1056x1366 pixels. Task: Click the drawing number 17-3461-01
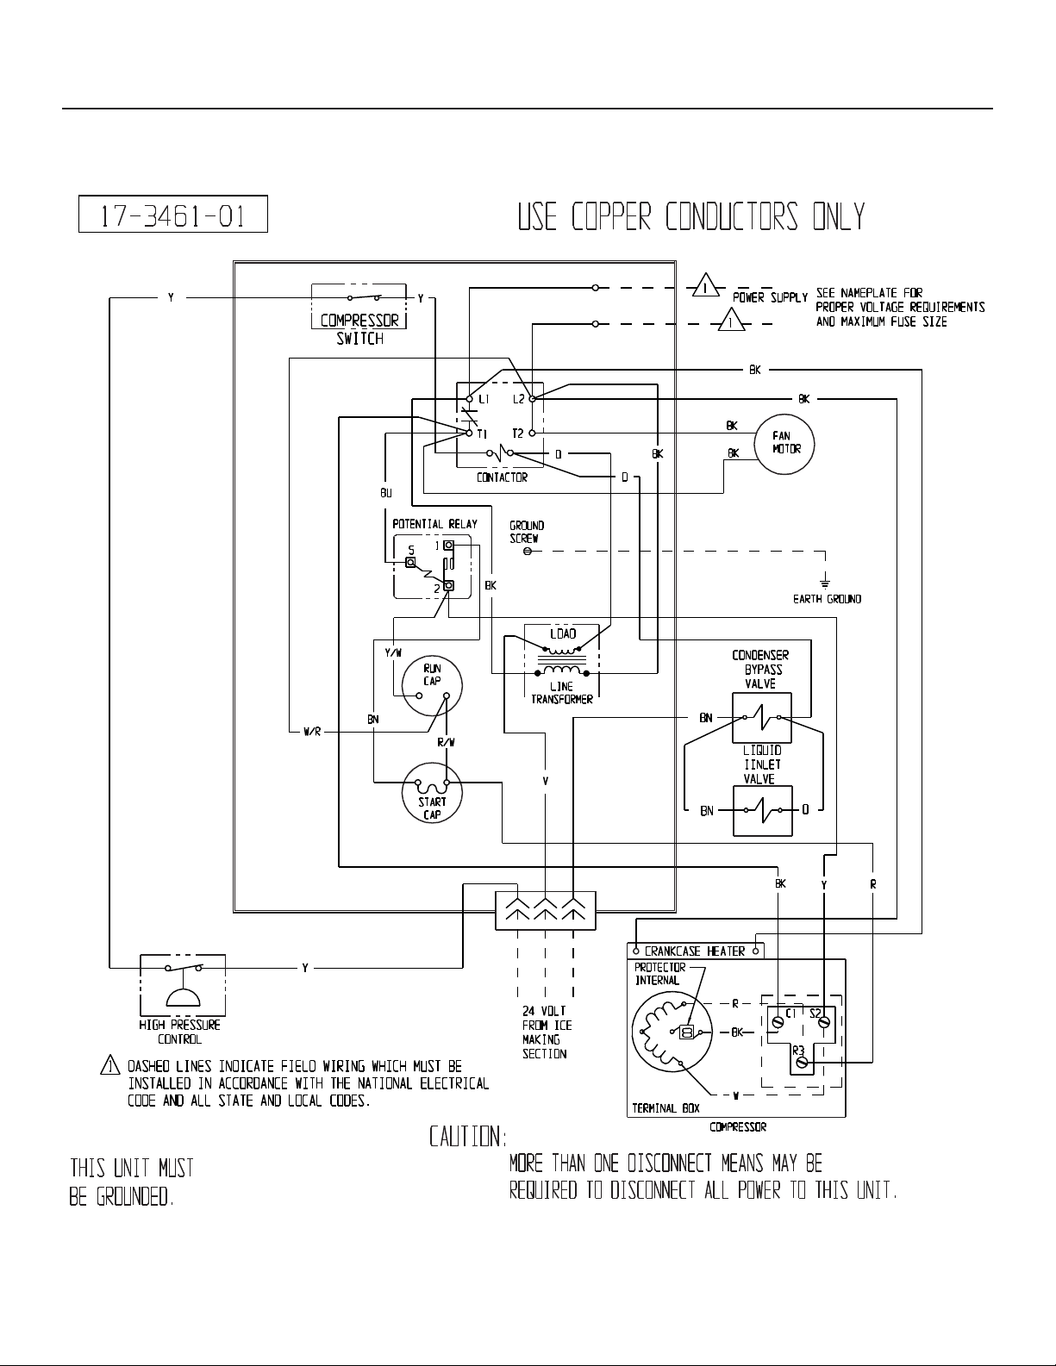[x=173, y=215]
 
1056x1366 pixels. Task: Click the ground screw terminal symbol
[x=528, y=552]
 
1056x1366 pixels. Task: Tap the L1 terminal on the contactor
[x=470, y=399]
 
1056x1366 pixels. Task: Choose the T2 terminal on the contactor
[x=533, y=434]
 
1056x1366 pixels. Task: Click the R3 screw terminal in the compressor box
[x=802, y=1063]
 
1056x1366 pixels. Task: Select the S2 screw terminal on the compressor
[x=823, y=1023]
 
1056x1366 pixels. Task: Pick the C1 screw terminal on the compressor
[x=778, y=1023]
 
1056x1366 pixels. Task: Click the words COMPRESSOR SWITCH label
[x=359, y=329]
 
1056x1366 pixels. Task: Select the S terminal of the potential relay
[x=410, y=562]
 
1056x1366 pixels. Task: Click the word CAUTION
[x=467, y=1137]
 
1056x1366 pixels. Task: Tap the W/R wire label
[x=312, y=733]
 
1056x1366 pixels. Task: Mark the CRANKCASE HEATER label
[x=695, y=951]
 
